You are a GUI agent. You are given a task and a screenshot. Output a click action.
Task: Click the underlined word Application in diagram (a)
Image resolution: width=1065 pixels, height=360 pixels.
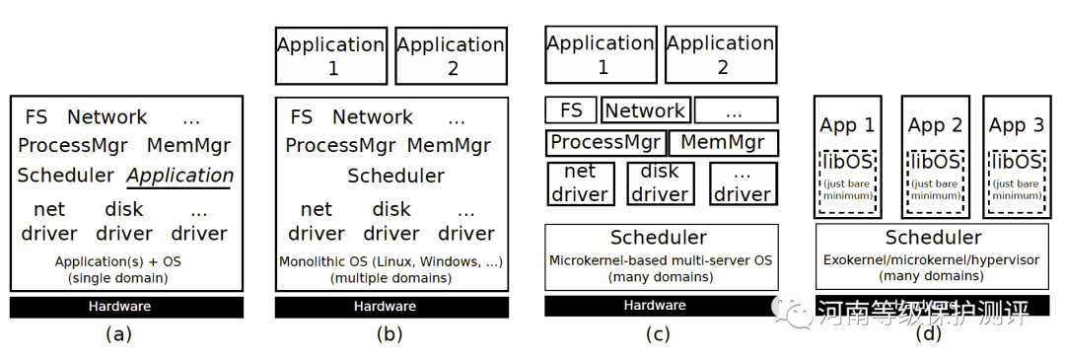179,176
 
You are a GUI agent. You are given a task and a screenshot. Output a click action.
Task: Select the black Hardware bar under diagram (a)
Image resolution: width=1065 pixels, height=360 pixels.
126,306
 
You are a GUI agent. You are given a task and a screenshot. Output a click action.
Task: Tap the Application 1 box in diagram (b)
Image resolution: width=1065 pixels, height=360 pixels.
330,56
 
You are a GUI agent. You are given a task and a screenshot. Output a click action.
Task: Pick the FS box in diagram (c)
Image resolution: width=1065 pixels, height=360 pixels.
571,110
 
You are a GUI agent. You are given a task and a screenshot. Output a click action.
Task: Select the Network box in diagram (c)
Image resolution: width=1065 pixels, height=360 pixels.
645,110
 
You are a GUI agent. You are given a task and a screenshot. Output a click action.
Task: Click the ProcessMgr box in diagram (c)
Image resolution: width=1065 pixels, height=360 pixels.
605,142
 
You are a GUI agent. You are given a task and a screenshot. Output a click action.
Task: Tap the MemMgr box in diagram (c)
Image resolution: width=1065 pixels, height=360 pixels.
724,142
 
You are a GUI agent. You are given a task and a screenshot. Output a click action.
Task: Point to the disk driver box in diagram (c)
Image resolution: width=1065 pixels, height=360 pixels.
661,183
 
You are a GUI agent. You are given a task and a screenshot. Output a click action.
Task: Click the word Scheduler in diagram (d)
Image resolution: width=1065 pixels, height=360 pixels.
933,238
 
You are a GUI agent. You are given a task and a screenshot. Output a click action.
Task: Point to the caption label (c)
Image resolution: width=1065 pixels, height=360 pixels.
658,333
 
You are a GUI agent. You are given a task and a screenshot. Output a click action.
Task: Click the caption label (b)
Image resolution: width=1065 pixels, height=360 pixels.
390,333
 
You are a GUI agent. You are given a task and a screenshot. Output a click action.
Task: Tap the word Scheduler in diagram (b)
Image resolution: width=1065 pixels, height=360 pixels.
394,177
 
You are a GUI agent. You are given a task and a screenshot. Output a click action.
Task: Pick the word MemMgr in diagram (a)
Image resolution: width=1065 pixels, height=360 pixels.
188,146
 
